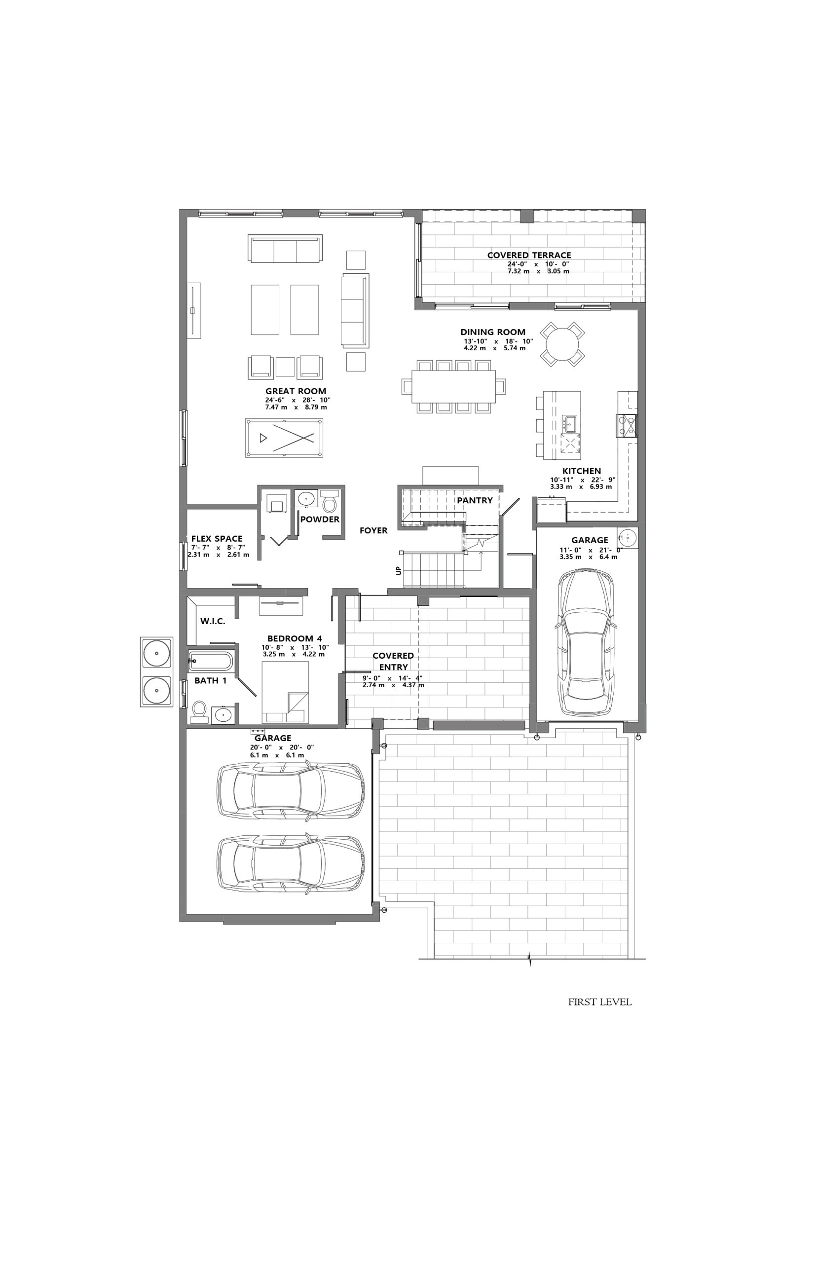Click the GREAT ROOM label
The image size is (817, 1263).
pyautogui.click(x=296, y=391)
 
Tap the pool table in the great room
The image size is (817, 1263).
pyautogui.click(x=284, y=438)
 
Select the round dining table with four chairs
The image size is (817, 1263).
pyautogui.click(x=562, y=344)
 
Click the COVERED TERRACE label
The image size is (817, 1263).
pyautogui.click(x=529, y=255)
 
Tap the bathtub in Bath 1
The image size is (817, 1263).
pyautogui.click(x=210, y=662)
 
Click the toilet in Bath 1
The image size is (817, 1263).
pyautogui.click(x=199, y=712)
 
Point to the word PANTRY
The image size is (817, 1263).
pyautogui.click(x=475, y=500)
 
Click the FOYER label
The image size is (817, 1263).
pyautogui.click(x=373, y=530)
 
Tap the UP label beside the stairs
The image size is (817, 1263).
pyautogui.click(x=398, y=571)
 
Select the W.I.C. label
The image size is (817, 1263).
pyautogui.click(x=213, y=621)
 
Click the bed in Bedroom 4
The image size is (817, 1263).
pyautogui.click(x=286, y=692)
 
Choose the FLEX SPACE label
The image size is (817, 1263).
pyautogui.click(x=217, y=539)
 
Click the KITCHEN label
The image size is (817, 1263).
pyautogui.click(x=582, y=471)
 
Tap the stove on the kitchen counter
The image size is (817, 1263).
pyautogui.click(x=626, y=425)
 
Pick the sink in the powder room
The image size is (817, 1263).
pyautogui.click(x=306, y=499)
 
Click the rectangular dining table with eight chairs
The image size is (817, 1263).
pyautogui.click(x=453, y=386)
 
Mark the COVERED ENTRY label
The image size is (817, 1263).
pyautogui.click(x=393, y=662)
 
